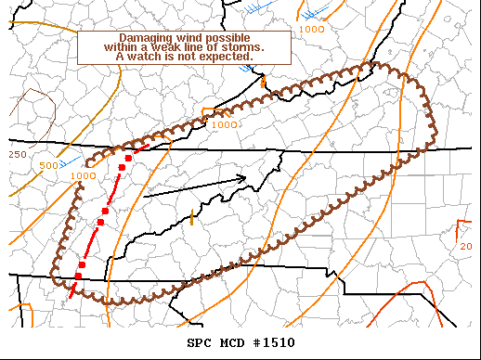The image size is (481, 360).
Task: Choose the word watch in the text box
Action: pyautogui.click(x=149, y=57)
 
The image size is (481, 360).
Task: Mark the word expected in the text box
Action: pyautogui.click(x=234, y=57)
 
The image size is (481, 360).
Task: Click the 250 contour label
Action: pyautogui.click(x=17, y=154)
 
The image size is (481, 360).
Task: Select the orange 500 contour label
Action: pyautogui.click(x=49, y=166)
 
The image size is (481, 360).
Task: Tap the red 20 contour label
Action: pyautogui.click(x=465, y=247)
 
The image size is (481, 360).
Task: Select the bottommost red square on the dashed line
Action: pyautogui.click(x=78, y=276)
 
